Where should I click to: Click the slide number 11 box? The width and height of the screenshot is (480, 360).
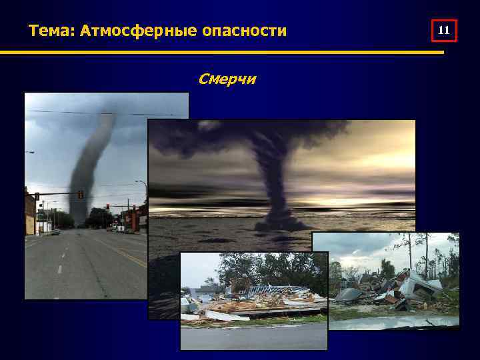pyautogui.click(x=444, y=31)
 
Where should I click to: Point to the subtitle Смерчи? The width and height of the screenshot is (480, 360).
pyautogui.click(x=227, y=80)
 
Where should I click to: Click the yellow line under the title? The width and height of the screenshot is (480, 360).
pyautogui.click(x=220, y=52)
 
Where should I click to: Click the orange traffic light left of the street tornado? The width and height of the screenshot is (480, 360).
pyautogui.click(x=81, y=195)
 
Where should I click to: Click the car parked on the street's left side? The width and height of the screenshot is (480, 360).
pyautogui.click(x=55, y=231)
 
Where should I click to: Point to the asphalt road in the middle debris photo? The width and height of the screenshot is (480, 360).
pyautogui.click(x=253, y=337)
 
